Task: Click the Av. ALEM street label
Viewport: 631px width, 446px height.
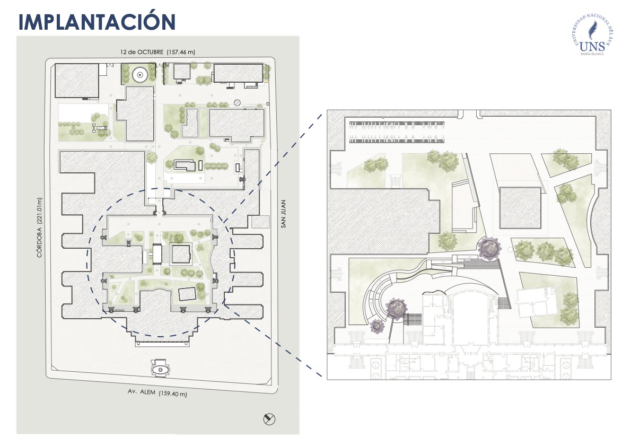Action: pos(139,393)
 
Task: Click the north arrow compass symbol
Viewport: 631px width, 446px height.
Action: pos(269,419)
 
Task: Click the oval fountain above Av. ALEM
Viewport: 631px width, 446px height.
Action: pos(159,369)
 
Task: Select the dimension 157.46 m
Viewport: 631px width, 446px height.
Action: pos(181,52)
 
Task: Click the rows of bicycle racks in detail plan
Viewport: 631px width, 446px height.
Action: pos(397,132)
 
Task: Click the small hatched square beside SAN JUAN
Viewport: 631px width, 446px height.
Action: pos(260,222)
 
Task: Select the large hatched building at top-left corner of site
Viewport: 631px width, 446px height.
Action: pos(77,81)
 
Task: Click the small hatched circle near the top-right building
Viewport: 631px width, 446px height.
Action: pos(238,102)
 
